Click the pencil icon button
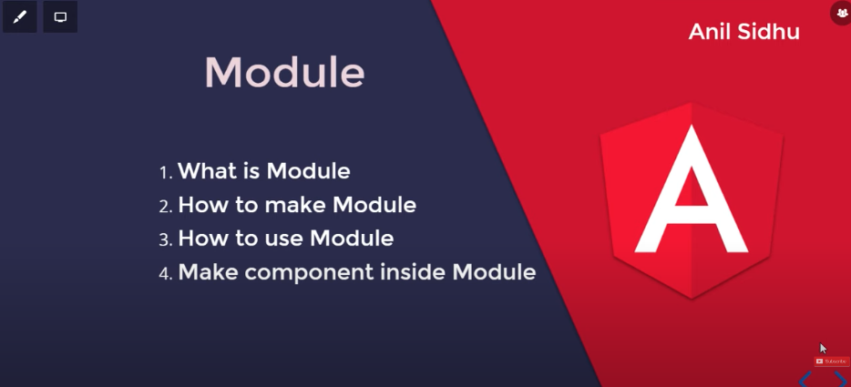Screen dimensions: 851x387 (19, 16)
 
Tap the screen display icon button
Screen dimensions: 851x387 (60, 16)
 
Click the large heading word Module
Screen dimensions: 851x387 (284, 72)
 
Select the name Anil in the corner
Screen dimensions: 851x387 (712, 32)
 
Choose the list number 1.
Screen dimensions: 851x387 (166, 173)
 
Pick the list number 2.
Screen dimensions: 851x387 (166, 207)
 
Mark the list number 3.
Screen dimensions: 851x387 (166, 239)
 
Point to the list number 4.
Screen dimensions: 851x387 (166, 273)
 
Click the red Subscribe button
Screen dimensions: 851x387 (832, 361)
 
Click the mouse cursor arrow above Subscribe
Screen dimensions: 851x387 (824, 349)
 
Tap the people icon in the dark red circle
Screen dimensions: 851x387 (842, 12)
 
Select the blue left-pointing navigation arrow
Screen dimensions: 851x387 (805, 380)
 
